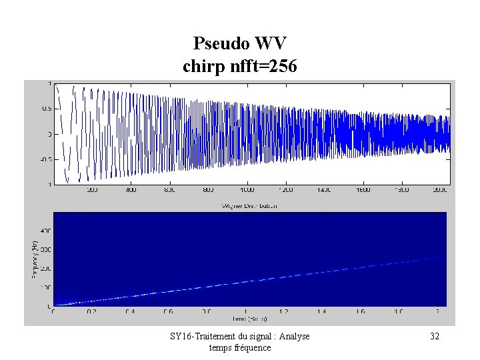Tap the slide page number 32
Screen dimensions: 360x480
click(435, 337)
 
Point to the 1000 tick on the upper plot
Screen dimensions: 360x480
click(248, 190)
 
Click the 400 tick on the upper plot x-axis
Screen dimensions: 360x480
click(131, 190)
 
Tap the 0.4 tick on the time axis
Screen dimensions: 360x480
click(131, 311)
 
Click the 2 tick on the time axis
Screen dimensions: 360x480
click(437, 311)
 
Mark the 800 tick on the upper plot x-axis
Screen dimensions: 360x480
click(209, 190)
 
